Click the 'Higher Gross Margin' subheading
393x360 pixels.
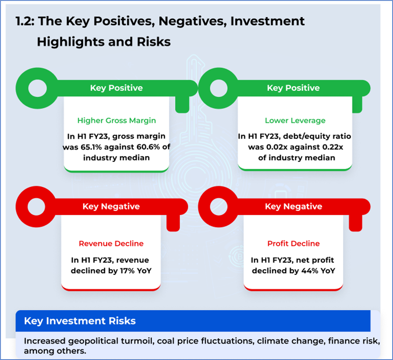(x=117, y=121)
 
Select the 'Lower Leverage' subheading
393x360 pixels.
(x=295, y=121)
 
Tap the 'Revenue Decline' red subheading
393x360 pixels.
(x=111, y=243)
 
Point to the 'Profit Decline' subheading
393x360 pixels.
(x=294, y=243)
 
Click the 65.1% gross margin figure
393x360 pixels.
(x=91, y=147)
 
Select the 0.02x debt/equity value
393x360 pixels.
(x=277, y=147)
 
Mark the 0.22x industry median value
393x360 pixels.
(x=332, y=147)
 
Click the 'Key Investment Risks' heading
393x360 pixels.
(x=80, y=321)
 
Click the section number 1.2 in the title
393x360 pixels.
(x=25, y=21)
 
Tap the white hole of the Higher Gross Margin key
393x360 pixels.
(x=38, y=88)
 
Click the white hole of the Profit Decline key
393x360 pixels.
(x=219, y=207)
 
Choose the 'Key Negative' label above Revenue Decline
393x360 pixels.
(x=111, y=206)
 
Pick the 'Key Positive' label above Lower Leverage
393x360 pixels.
(x=293, y=88)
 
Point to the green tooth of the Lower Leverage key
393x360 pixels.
(x=357, y=104)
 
